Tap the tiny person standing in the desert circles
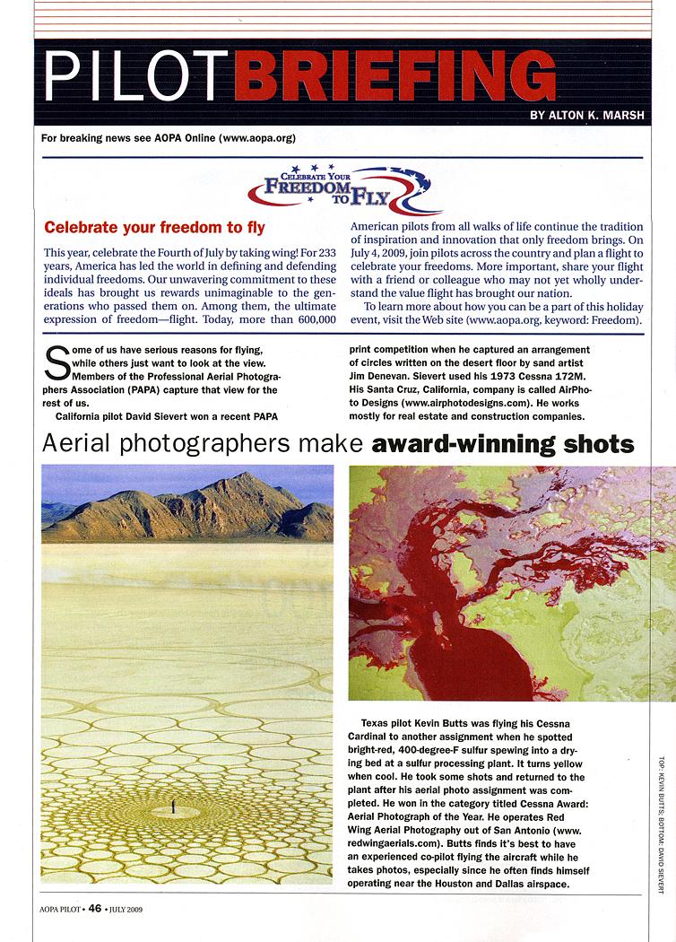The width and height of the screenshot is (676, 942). click(x=173, y=808)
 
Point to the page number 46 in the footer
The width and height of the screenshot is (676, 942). click(x=95, y=908)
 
